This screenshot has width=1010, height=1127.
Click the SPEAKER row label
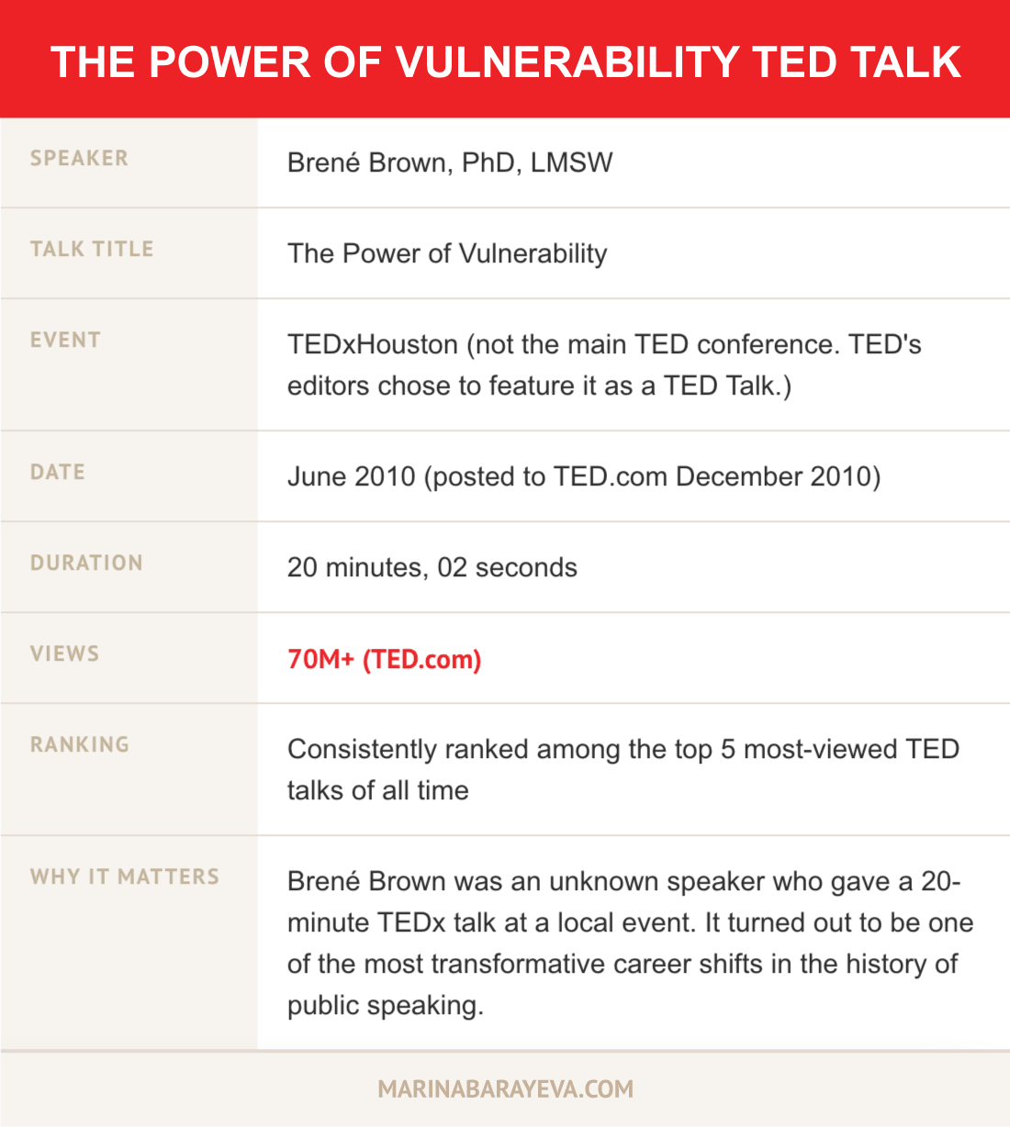(79, 158)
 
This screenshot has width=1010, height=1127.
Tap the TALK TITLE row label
(92, 249)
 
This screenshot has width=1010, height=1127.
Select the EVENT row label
(65, 340)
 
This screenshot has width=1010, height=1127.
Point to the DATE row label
(58, 472)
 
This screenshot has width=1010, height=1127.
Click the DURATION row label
(86, 563)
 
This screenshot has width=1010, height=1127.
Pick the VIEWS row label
(64, 653)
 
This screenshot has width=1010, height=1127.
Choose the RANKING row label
(80, 744)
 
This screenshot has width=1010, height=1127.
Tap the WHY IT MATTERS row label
(125, 876)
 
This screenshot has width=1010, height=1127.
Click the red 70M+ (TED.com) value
(384, 659)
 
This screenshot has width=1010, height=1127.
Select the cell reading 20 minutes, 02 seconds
(432, 567)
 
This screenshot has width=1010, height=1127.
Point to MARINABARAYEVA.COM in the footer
(505, 1089)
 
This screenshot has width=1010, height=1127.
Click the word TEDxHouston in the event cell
(372, 344)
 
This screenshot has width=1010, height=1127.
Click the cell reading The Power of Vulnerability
(447, 253)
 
